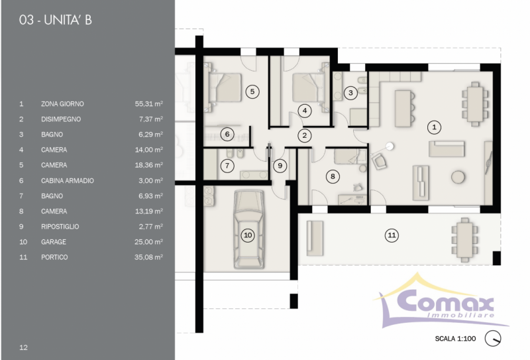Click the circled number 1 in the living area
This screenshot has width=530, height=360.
[434, 127]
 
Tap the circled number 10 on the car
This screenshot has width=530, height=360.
[248, 235]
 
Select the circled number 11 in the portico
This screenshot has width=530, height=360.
[392, 235]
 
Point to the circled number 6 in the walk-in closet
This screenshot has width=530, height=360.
[227, 134]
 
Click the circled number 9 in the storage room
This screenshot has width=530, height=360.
[280, 166]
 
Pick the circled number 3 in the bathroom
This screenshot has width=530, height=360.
[350, 93]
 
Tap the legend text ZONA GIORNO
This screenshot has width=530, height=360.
[62, 104]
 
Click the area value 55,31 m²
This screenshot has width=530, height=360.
[148, 104]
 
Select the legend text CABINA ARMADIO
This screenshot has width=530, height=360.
[68, 181]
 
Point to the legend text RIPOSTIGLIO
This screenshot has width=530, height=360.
[60, 227]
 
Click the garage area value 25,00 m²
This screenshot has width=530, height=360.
[148, 242]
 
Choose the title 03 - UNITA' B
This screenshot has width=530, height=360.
[56, 20]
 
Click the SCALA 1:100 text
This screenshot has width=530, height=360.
[455, 338]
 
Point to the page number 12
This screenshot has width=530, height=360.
[23, 347]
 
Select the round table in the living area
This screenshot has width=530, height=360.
[458, 177]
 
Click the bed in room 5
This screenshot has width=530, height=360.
[224, 88]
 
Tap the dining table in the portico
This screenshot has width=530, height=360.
[465, 239]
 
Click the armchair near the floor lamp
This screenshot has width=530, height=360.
[379, 160]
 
